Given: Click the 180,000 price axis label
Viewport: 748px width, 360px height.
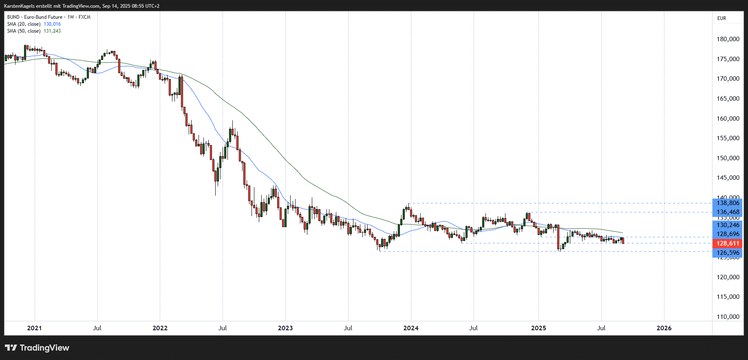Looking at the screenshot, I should coord(728,39).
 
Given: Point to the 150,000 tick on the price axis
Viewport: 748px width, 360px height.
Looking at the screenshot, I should coord(728,158).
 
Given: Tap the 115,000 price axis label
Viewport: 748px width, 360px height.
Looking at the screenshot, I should coord(728,297).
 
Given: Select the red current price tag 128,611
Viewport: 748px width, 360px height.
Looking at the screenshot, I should coord(728,243).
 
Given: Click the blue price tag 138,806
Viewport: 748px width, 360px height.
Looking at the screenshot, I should coord(728,203).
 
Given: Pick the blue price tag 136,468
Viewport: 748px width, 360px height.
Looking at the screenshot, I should coord(728,212).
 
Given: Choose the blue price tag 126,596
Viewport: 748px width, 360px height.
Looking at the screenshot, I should coord(728,253).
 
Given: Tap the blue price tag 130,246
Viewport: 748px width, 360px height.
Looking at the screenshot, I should coord(728,225).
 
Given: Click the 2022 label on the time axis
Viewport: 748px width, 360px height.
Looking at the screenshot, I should coord(160,328).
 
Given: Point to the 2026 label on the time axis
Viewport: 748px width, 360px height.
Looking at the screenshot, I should coord(664,328).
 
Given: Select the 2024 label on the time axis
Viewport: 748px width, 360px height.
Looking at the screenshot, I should coord(410,328).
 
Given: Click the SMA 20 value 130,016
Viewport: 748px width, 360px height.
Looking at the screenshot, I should coord(52,24).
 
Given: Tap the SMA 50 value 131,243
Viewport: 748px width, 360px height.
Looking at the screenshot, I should coord(52,31).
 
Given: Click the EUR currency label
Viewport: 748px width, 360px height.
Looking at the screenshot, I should coord(722,18).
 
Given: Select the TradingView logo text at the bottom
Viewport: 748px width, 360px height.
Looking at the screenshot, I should coord(44,348).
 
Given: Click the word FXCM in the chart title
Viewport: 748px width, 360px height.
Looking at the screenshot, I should coord(84,17).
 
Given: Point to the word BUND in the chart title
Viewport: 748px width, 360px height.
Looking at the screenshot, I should coord(13,17).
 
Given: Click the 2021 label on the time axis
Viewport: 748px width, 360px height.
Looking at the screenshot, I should coord(34,328).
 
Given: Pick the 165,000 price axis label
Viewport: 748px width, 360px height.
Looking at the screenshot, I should coord(728,99).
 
